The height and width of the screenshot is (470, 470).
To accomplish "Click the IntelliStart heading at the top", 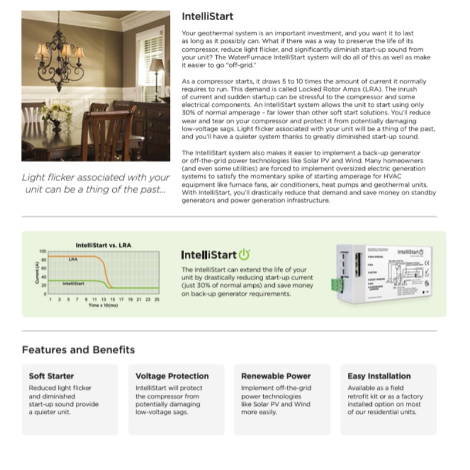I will pyautogui.click(x=207, y=16).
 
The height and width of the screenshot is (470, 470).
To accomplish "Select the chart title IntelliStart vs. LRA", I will pyautogui.click(x=103, y=244).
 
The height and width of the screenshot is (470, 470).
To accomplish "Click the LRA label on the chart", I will pyautogui.click(x=73, y=259).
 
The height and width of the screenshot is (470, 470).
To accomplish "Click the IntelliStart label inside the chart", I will pyautogui.click(x=73, y=284).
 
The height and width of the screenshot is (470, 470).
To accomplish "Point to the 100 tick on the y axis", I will pyautogui.click(x=42, y=251).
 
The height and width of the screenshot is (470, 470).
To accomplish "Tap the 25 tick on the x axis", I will pyautogui.click(x=157, y=299).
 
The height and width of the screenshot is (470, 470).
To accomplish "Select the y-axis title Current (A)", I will pyautogui.click(x=37, y=274).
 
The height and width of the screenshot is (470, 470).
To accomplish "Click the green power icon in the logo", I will pyautogui.click(x=244, y=255).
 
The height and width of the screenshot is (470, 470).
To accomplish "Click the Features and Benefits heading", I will pyautogui.click(x=78, y=350).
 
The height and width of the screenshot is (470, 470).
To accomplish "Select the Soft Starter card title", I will pyautogui.click(x=51, y=376).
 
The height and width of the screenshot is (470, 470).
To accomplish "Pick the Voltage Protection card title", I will pyautogui.click(x=172, y=376).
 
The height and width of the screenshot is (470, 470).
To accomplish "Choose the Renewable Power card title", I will pyautogui.click(x=276, y=376).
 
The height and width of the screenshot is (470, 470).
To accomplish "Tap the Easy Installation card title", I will pyautogui.click(x=379, y=376).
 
